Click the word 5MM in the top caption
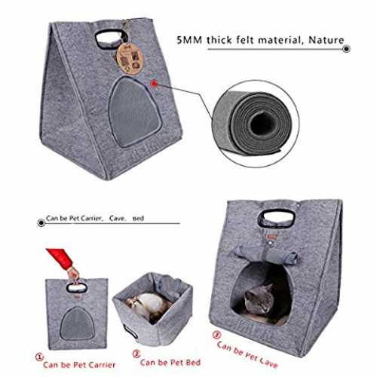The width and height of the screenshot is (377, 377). pyautogui.click(x=189, y=40)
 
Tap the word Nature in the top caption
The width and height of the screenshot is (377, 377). pyautogui.click(x=326, y=40)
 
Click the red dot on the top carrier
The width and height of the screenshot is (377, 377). pyautogui.click(x=154, y=84)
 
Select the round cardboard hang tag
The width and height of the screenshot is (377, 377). pyautogui.click(x=130, y=57)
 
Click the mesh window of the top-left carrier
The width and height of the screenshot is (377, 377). pyautogui.click(x=134, y=112)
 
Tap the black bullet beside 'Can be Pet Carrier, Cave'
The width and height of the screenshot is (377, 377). pyautogui.click(x=41, y=223)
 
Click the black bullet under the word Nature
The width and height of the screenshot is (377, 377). pyautogui.click(x=346, y=49)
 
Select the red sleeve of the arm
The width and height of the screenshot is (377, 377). pyautogui.click(x=60, y=258)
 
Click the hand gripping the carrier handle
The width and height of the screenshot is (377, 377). pyautogui.click(x=73, y=274)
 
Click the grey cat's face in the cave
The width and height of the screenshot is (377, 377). pyautogui.click(x=259, y=299)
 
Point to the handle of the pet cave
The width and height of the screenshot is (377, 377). pyautogui.click(x=276, y=217)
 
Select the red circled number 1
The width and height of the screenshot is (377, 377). pyautogui.click(x=39, y=357)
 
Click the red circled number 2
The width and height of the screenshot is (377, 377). pyautogui.click(x=136, y=354)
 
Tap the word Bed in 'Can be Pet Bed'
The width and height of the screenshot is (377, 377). pyautogui.click(x=193, y=363)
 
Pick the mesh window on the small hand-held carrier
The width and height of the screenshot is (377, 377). pyautogui.click(x=77, y=323)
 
